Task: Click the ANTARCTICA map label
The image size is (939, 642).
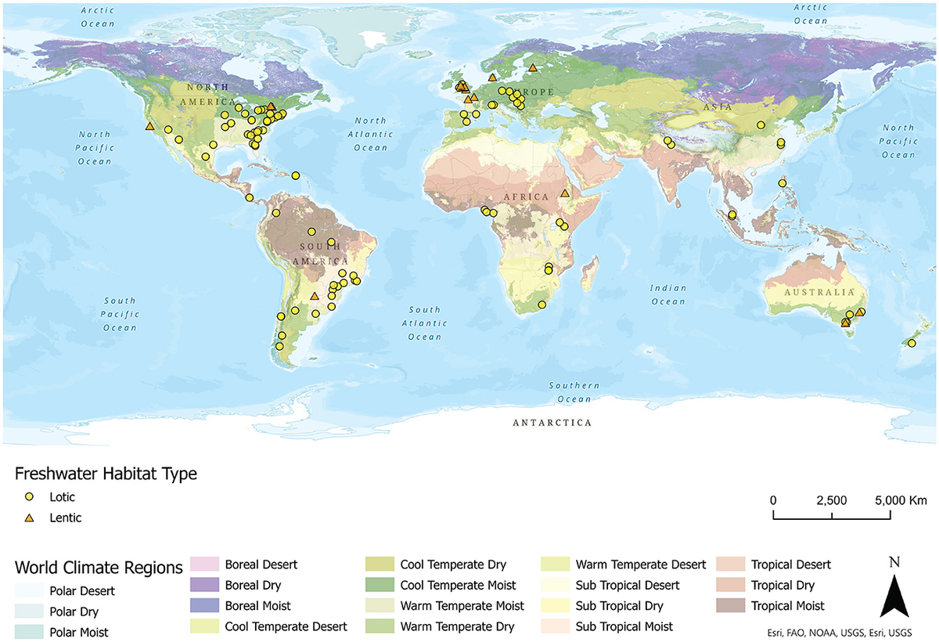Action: [552, 423]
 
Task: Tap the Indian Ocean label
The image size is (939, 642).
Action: [667, 294]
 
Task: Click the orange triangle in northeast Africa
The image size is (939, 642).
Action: [565, 193]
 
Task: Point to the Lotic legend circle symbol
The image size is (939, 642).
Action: [30, 496]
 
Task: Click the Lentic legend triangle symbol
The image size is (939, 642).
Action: [30, 518]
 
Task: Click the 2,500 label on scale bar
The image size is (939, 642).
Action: [831, 500]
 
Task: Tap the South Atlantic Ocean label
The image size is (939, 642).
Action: [424, 323]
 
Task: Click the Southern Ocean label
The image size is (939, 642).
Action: [574, 392]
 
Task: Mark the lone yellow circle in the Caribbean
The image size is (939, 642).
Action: [296, 175]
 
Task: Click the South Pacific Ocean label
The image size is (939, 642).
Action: [120, 314]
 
